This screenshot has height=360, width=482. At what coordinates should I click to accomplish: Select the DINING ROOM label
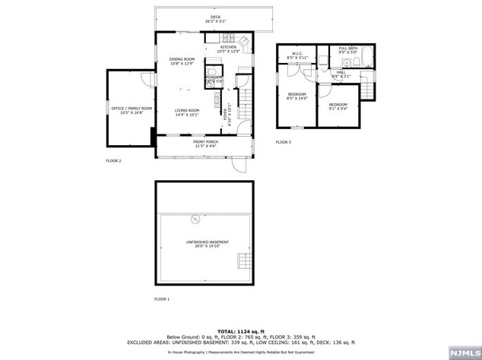click(182, 61)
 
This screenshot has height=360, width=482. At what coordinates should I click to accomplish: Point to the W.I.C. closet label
click(296, 55)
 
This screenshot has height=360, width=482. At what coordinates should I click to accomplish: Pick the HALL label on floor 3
click(341, 74)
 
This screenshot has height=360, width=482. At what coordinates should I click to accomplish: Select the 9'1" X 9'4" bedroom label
click(338, 106)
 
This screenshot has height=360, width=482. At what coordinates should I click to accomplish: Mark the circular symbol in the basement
click(195, 220)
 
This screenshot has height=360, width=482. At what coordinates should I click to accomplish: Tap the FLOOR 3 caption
click(284, 142)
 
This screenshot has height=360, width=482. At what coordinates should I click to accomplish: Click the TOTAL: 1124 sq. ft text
click(240, 332)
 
